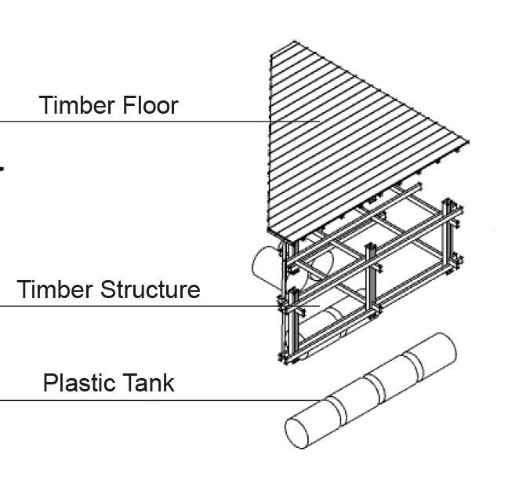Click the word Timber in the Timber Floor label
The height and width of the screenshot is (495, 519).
point(76,105)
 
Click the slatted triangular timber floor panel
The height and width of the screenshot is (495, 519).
point(345,133)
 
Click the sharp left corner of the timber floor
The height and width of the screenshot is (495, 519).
point(270,232)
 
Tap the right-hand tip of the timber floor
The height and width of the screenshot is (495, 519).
point(468,142)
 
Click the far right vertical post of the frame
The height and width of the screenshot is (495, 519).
point(451,235)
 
